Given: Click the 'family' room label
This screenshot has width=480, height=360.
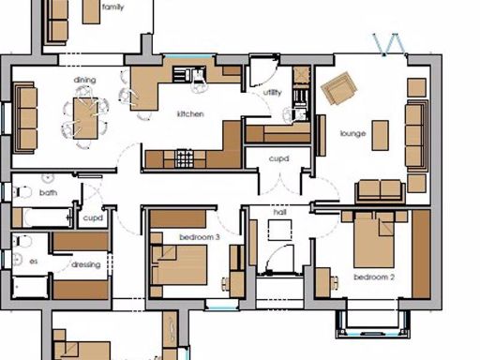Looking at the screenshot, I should click(x=113, y=7).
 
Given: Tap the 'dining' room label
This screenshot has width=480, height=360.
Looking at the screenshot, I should click(x=84, y=80).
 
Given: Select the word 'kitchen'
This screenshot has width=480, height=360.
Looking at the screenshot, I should click(x=191, y=114).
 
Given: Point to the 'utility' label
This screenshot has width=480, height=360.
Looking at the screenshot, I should click(x=273, y=93).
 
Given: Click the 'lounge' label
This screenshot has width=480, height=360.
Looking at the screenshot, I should click(x=352, y=134).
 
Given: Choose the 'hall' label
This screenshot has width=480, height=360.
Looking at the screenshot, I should click(x=279, y=213).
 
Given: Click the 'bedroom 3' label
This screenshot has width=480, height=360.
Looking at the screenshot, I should click(x=199, y=238).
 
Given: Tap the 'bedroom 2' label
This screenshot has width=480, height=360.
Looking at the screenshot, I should click(x=373, y=277).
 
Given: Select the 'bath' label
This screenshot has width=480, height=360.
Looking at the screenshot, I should click(x=48, y=192).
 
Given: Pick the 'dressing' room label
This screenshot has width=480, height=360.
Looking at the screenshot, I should click(x=85, y=265).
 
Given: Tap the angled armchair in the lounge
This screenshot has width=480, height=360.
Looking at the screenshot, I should click(x=338, y=89).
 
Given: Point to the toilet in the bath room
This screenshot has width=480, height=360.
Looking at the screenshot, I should click(x=25, y=192).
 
